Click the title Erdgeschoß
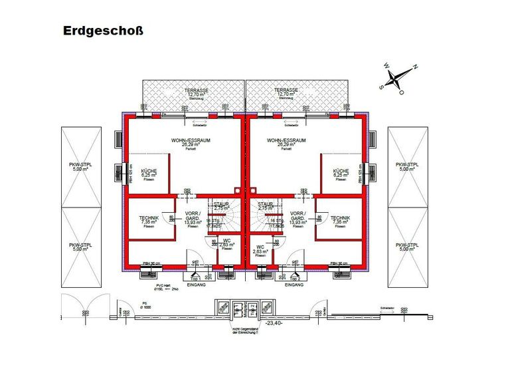coord(102,31)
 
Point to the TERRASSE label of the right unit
coord(286,90)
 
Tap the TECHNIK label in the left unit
coord(148,218)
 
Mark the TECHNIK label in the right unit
coord(340,218)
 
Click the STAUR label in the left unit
coord(221,204)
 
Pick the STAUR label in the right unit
coord(266,204)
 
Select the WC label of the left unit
coord(226,240)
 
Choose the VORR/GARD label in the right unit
coord(296,216)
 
